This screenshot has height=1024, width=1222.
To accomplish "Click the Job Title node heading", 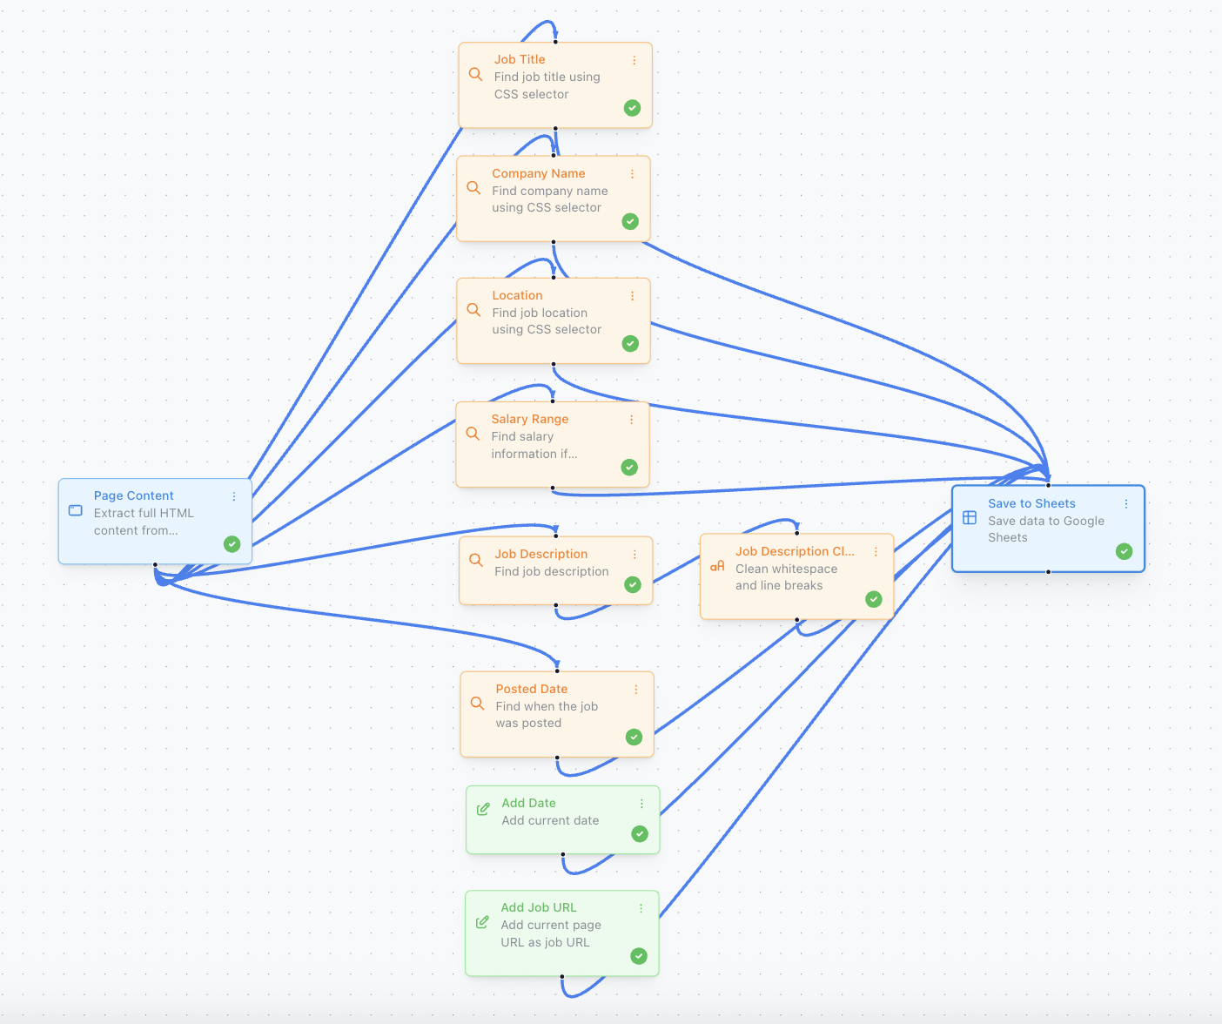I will [520, 59].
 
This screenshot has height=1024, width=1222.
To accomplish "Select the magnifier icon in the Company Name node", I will [473, 188].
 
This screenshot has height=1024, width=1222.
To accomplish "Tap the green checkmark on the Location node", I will [630, 344].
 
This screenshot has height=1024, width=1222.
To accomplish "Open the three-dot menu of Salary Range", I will [631, 420].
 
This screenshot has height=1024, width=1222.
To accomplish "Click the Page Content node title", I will [133, 495].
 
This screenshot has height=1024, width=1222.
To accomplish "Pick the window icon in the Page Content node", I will [76, 510].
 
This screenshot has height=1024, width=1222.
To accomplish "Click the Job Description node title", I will [540, 554].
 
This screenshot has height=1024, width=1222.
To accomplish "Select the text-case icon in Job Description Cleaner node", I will [717, 566].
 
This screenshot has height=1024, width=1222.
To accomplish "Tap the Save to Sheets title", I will [1031, 503].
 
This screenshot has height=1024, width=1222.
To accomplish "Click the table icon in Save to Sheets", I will [970, 517].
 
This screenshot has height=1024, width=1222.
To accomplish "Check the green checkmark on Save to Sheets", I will [1125, 551].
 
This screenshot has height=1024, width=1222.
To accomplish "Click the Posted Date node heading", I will [531, 689].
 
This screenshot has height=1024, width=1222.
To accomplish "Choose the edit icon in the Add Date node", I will [483, 809].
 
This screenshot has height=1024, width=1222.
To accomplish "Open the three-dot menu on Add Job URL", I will [641, 908].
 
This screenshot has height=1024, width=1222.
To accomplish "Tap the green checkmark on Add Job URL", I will [639, 956].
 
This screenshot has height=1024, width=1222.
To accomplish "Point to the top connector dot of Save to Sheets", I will [1048, 485].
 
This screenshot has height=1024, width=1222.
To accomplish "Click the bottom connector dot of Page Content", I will [155, 564].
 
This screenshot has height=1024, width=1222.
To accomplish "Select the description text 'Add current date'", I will [550, 820].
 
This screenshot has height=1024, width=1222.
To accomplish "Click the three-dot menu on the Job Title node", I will [634, 60].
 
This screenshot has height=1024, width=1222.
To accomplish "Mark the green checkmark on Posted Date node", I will [634, 738].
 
